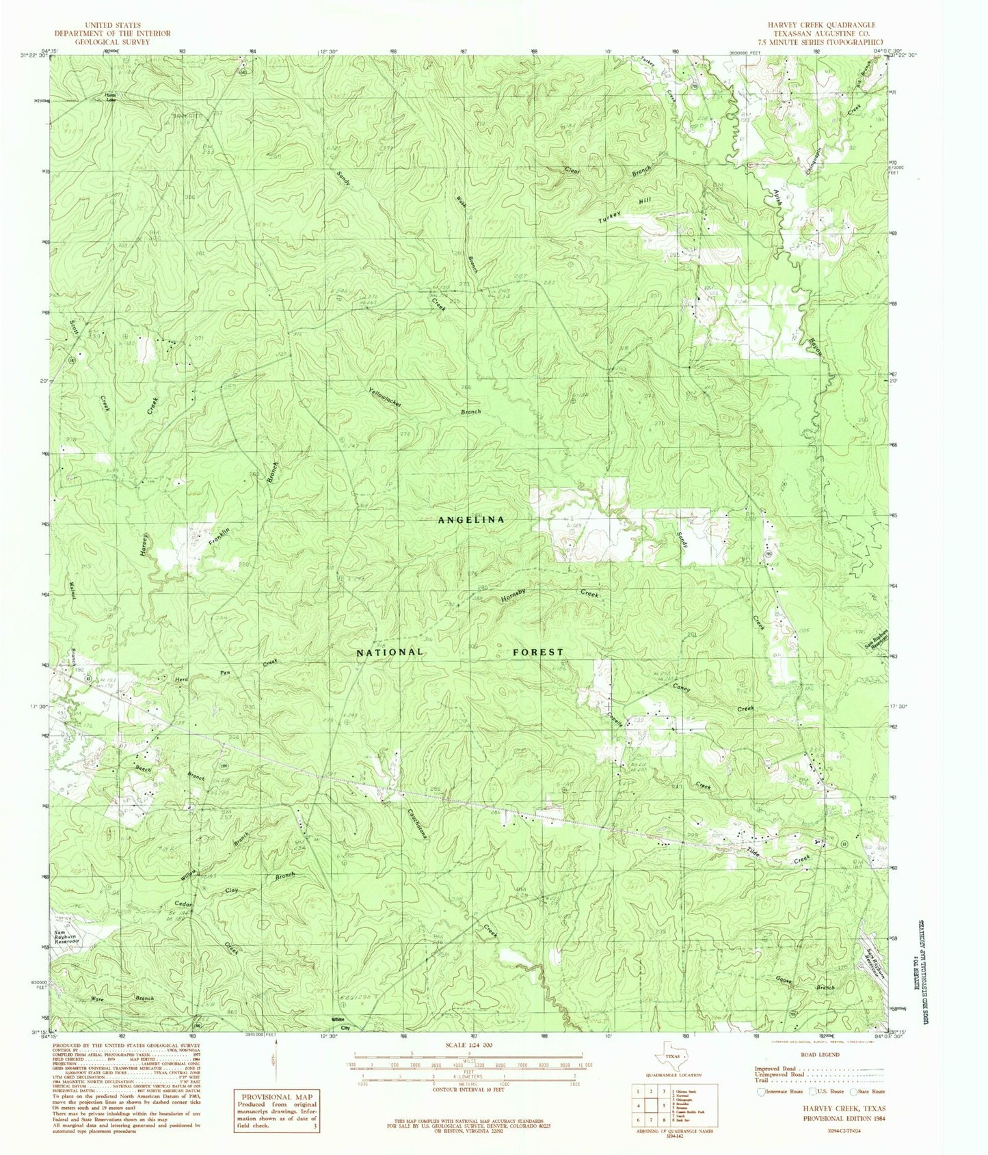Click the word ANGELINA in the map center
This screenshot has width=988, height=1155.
(x=471, y=519)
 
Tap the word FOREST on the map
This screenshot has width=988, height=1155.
(x=538, y=652)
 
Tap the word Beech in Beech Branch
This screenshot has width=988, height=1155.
(x=143, y=769)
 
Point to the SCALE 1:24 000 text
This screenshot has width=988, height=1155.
(x=468, y=1046)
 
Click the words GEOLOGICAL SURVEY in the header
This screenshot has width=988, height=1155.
(x=113, y=42)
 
